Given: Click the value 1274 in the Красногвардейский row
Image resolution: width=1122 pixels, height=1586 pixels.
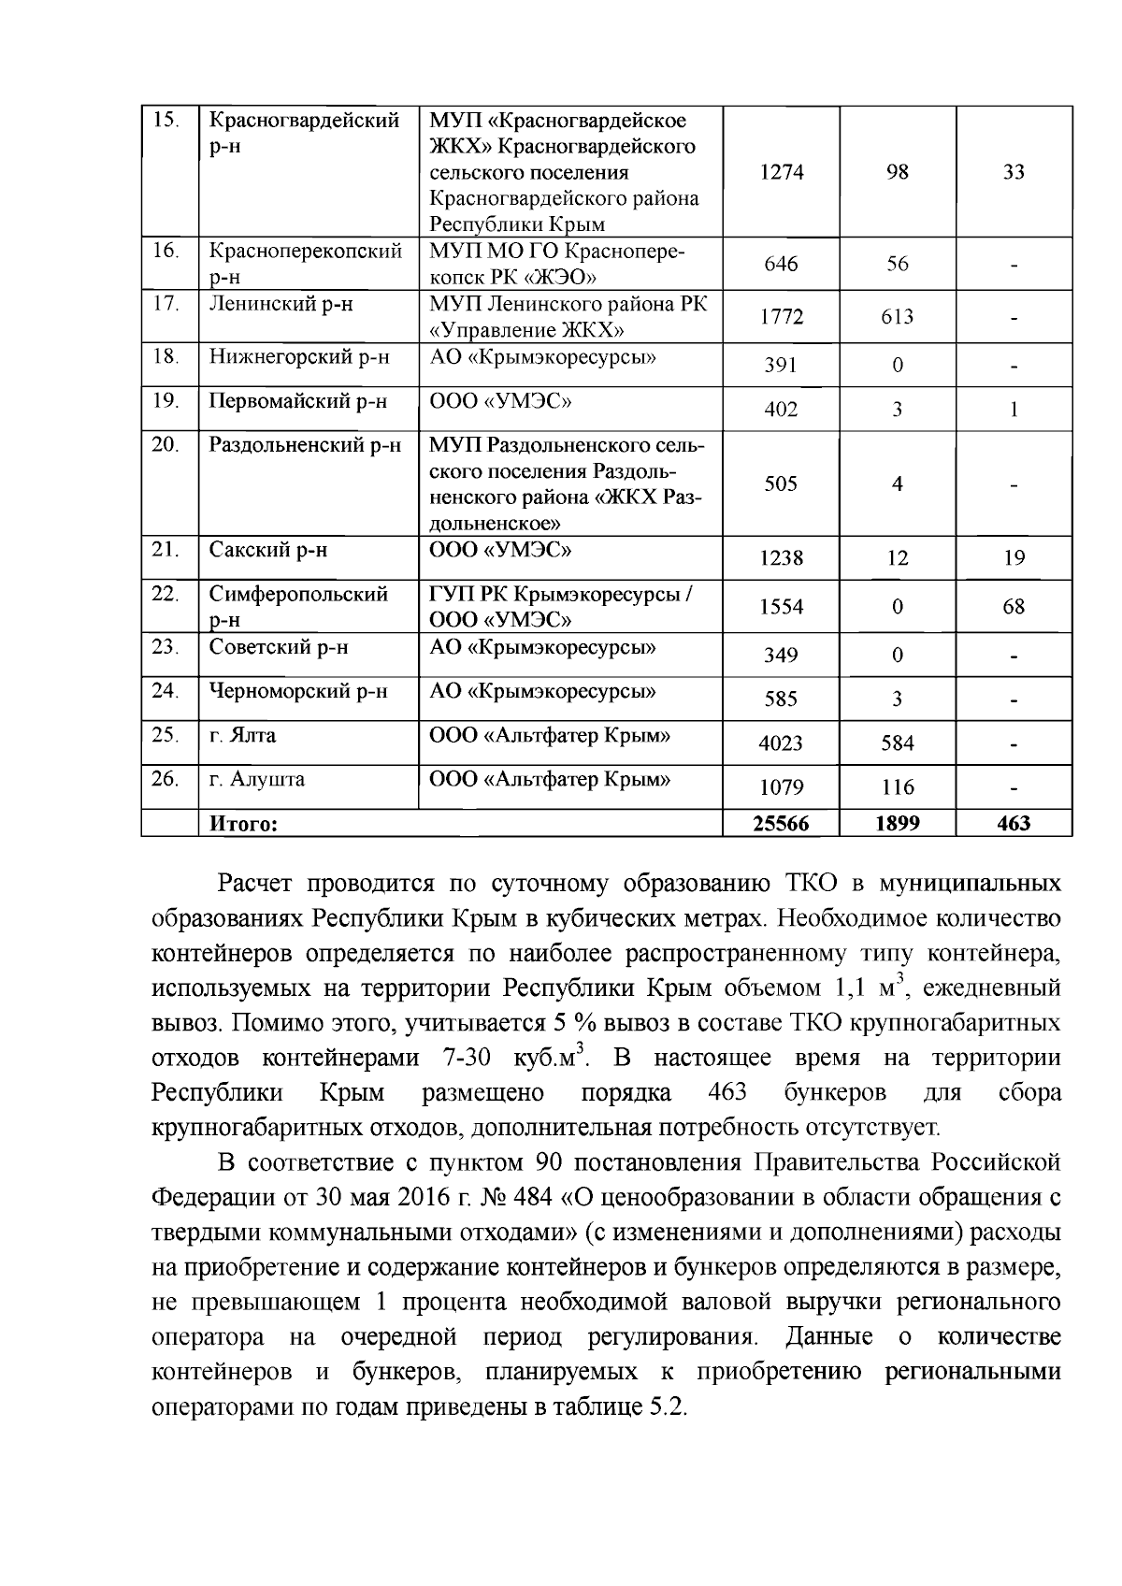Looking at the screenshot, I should (782, 172).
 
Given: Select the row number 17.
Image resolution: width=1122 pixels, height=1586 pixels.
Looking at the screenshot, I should (165, 304).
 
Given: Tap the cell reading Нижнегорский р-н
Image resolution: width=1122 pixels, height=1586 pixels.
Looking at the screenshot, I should (299, 356).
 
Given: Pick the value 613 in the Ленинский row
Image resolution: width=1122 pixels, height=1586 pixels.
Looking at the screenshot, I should (897, 317).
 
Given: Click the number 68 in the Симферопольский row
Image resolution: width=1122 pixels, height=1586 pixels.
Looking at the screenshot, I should (1014, 607).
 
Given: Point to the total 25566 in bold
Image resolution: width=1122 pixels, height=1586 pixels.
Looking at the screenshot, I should (782, 823).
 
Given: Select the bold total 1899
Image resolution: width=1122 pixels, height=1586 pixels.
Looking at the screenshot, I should (897, 823).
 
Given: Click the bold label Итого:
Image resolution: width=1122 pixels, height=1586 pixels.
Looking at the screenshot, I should (244, 824).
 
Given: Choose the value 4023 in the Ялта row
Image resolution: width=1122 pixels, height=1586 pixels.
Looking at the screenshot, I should (782, 743).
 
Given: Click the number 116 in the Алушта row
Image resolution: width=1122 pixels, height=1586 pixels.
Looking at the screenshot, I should (897, 787).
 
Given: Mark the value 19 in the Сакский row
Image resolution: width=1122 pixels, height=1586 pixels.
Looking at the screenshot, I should (1014, 558).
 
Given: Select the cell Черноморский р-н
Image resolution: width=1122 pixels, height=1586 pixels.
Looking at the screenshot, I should (298, 691).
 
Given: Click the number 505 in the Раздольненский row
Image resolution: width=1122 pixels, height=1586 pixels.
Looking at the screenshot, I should (782, 483).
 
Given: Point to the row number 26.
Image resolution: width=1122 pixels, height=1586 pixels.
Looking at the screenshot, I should (165, 778).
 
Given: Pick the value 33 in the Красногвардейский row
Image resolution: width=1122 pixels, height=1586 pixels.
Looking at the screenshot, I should (1014, 172).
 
